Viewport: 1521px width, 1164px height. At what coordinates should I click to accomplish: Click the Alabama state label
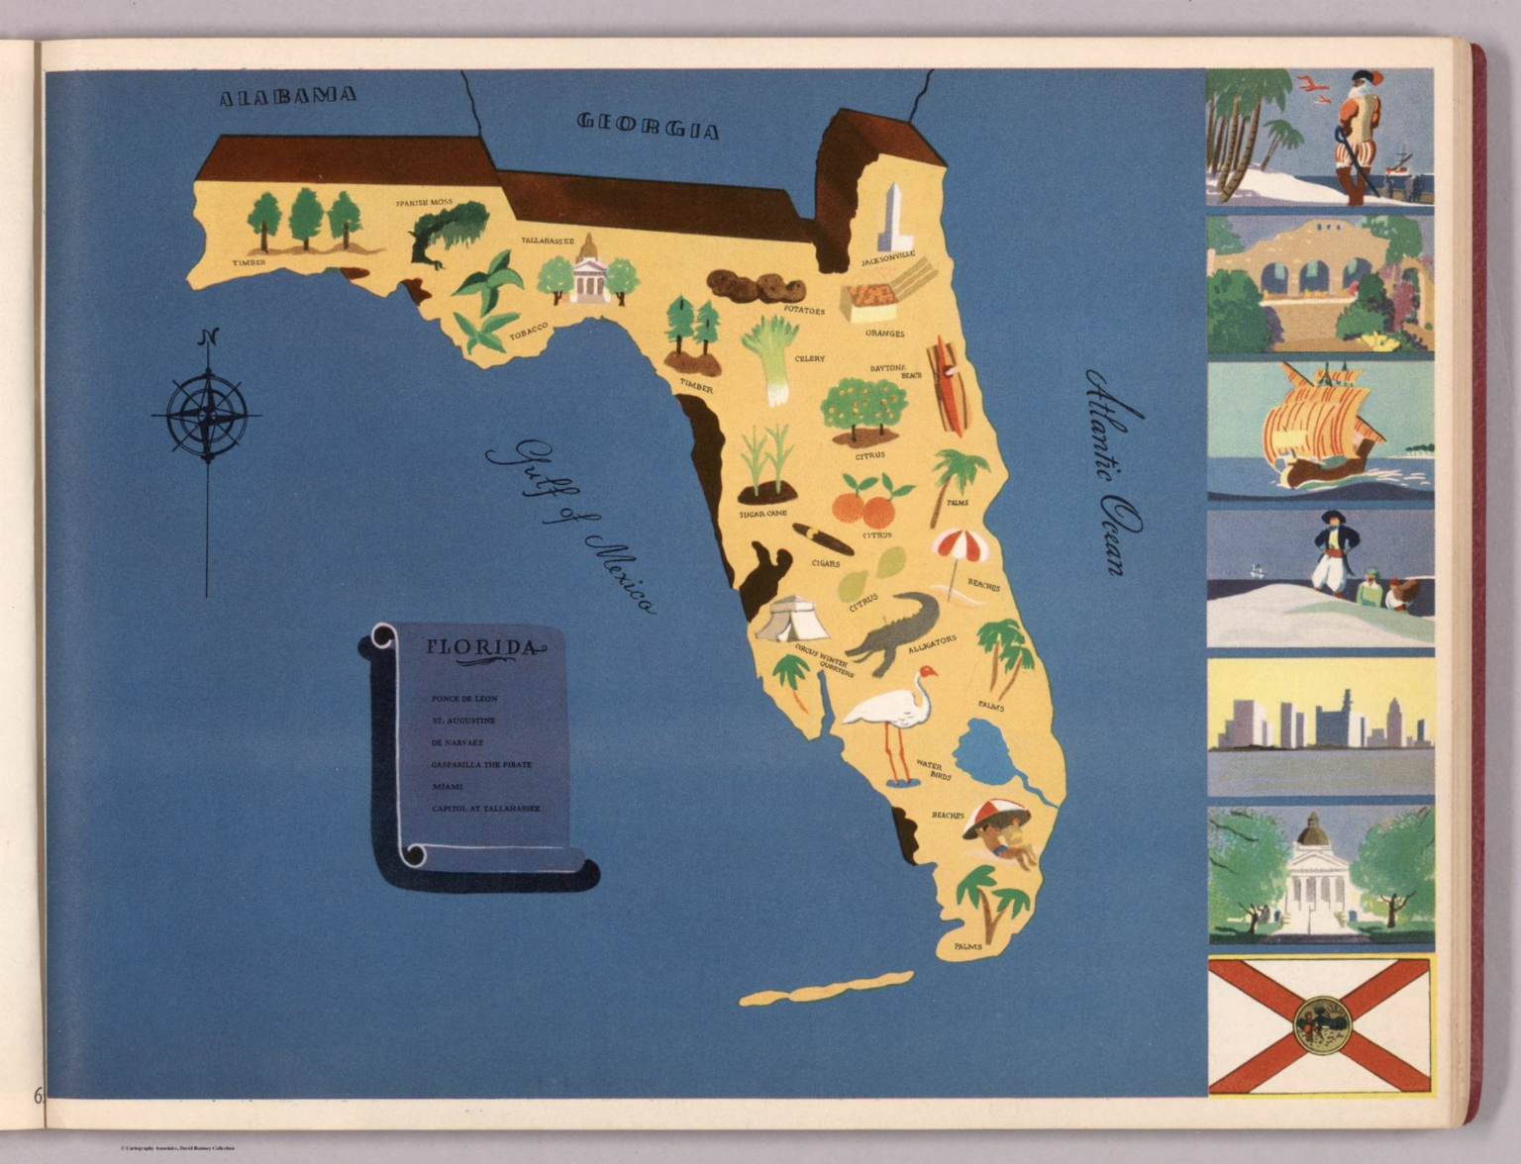click(287, 96)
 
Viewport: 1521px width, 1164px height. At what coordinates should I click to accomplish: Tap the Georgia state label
click(648, 125)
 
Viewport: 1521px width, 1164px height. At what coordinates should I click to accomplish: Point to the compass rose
click(207, 414)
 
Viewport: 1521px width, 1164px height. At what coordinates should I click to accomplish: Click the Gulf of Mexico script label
click(569, 526)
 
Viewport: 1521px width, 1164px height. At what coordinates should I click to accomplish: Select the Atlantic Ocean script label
click(1113, 471)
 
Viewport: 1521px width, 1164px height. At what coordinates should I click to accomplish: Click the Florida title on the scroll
click(484, 648)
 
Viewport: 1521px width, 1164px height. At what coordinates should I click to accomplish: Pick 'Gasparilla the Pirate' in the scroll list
click(481, 764)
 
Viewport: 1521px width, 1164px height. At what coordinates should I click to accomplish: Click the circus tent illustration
click(791, 620)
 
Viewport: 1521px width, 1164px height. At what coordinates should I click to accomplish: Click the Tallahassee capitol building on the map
click(588, 270)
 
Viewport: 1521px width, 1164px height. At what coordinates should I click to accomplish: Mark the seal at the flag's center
click(1320, 1023)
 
